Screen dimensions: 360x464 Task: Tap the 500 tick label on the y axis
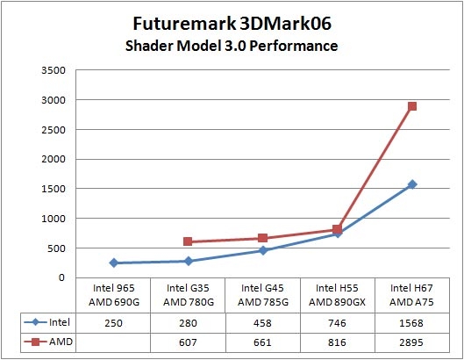(x=54, y=248)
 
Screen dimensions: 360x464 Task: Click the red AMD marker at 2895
(x=411, y=106)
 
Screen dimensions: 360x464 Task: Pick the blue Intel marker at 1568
(x=411, y=184)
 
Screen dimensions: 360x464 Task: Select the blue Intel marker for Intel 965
(x=113, y=263)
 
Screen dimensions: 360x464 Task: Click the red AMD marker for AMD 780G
(x=188, y=241)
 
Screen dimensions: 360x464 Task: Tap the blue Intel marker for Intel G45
(x=262, y=250)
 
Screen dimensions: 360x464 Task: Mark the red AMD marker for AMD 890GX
(x=337, y=229)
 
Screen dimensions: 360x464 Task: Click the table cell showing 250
(x=113, y=321)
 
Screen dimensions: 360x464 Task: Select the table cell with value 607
(x=188, y=342)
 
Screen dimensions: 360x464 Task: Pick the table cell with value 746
(x=337, y=321)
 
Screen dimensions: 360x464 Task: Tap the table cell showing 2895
(x=411, y=342)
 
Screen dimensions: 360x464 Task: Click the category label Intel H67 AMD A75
(x=411, y=294)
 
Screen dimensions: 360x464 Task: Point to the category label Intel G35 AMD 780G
(x=188, y=294)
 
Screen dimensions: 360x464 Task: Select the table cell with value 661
(x=262, y=342)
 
